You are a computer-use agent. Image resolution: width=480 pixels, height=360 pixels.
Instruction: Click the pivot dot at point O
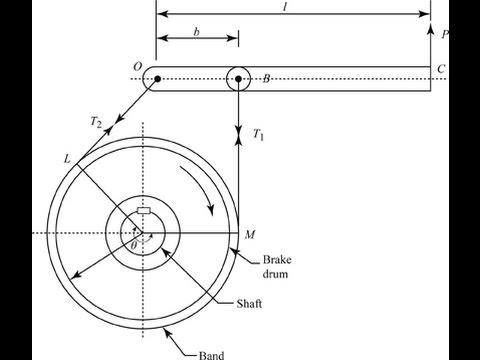click(x=157, y=79)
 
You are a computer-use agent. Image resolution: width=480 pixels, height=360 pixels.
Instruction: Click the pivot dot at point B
click(x=238, y=79)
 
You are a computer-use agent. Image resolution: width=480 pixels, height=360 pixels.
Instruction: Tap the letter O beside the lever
click(x=138, y=67)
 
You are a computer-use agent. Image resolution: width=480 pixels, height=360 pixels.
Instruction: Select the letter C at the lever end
click(x=441, y=69)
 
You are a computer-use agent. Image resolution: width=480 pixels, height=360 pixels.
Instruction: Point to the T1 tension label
click(x=258, y=134)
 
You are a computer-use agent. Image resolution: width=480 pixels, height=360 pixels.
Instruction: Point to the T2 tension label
click(x=96, y=122)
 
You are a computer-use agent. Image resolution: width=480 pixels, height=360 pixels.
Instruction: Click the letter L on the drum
click(x=67, y=159)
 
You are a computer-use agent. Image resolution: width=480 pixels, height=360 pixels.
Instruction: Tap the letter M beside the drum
click(x=250, y=235)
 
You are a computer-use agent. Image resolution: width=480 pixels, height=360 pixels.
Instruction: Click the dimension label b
click(x=196, y=32)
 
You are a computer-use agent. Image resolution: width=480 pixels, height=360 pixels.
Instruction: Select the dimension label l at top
click(x=285, y=7)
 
